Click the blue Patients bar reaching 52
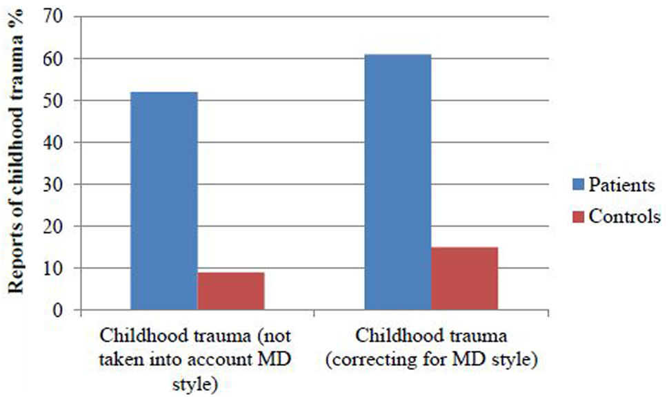(164, 201)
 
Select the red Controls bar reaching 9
(231, 291)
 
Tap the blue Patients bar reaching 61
(398, 182)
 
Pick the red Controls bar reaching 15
(465, 278)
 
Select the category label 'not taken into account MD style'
(197, 358)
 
